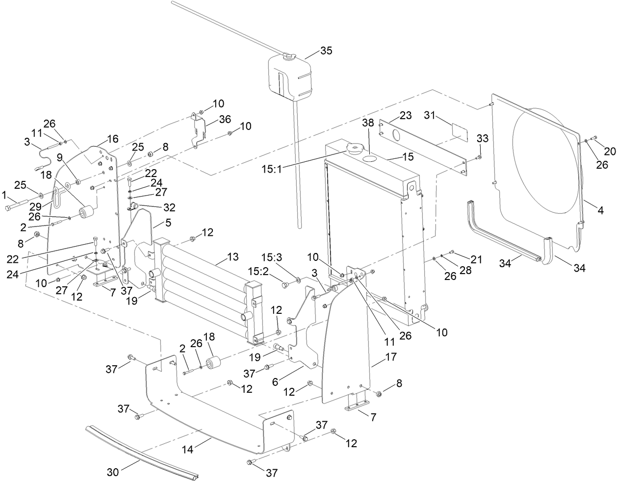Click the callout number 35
point(326,51)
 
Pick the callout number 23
point(405,116)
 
